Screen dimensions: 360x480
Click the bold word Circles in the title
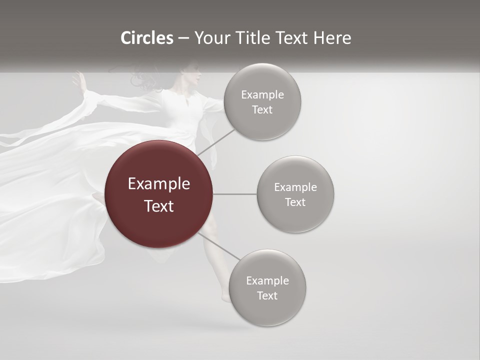147,38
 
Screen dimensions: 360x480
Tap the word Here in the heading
332,38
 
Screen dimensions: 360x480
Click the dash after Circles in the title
183,38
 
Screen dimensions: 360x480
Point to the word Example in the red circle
159,183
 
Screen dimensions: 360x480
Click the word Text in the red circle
159,206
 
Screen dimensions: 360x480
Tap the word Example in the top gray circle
262,95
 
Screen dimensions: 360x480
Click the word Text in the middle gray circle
295,202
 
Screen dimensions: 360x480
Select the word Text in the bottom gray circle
267,295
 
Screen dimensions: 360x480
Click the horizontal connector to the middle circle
235,194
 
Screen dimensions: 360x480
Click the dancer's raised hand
79,80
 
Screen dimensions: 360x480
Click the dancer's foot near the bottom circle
226,298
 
